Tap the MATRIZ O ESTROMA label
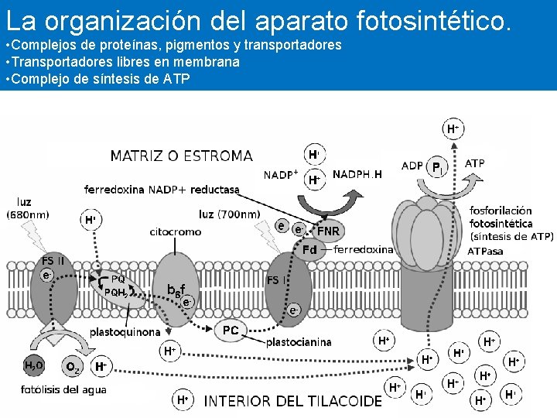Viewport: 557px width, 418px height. click(x=181, y=156)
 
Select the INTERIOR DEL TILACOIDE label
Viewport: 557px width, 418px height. click(x=292, y=401)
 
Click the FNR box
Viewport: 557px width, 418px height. click(x=329, y=231)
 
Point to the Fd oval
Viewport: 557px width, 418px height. click(x=309, y=249)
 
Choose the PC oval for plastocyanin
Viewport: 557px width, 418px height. click(x=231, y=331)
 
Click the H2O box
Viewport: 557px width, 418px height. click(x=33, y=366)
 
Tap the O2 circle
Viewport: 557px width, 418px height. click(x=72, y=367)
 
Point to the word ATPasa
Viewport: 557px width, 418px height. click(x=485, y=252)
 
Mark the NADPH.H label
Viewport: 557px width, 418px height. click(x=357, y=174)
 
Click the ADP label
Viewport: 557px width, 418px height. click(x=412, y=166)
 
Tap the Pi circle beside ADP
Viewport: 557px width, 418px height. click(x=437, y=166)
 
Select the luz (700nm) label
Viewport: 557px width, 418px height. click(x=229, y=214)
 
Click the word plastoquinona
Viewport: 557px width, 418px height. click(x=125, y=331)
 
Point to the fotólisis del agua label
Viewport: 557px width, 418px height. click(x=63, y=389)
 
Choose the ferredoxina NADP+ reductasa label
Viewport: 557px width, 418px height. click(x=162, y=189)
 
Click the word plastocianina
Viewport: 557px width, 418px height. click(x=299, y=341)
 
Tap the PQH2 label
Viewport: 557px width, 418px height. click(x=117, y=292)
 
